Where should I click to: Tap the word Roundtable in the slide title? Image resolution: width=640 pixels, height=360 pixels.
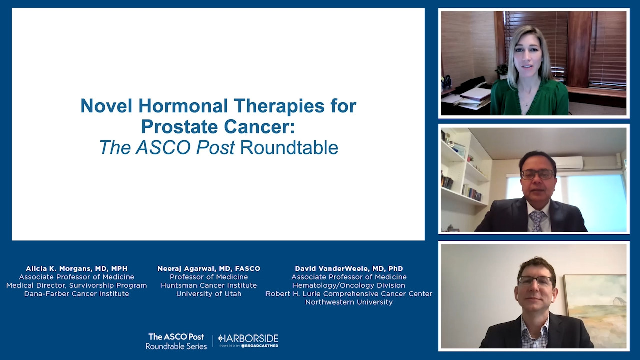tap(289, 147)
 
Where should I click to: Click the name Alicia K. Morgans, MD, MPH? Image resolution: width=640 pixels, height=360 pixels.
tap(77, 269)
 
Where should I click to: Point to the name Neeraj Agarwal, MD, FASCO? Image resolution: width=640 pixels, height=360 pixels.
tap(209, 269)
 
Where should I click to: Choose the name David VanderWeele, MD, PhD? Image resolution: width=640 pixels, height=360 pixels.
tap(349, 269)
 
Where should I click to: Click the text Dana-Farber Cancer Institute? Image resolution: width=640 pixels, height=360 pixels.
tap(77, 293)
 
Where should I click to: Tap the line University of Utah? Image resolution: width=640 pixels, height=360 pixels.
tap(209, 293)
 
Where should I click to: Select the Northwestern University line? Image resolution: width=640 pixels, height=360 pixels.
tap(349, 302)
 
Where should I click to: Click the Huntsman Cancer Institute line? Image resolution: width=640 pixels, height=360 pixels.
tap(209, 285)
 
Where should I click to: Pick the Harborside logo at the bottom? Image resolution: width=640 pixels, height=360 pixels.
tap(248, 341)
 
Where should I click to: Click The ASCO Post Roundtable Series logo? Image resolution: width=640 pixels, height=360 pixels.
tap(176, 341)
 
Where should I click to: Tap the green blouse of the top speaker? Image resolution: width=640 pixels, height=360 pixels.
tap(529, 99)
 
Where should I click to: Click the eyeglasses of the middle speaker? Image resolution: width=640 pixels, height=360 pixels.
tap(537, 174)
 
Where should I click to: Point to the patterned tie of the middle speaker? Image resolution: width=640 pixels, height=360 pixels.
tap(537, 220)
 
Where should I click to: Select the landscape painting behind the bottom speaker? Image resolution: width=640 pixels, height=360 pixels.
tap(595, 311)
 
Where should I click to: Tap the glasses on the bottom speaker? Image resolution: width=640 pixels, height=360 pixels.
tap(535, 281)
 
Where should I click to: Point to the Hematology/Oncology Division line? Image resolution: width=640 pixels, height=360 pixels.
tap(349, 285)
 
